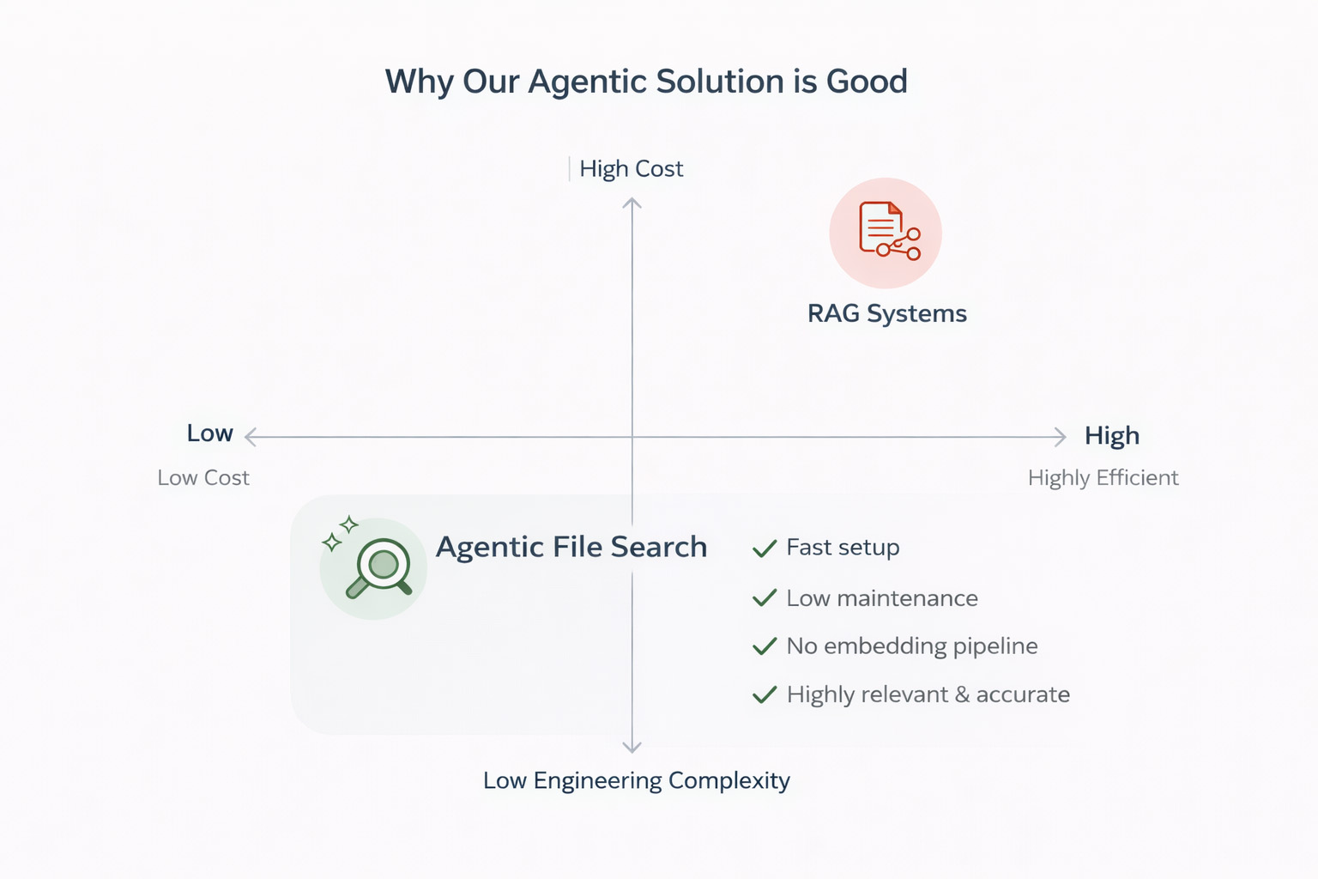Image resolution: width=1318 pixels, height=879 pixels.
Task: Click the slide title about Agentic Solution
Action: coord(645,82)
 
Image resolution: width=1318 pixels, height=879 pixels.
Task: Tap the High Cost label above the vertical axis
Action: coord(631,168)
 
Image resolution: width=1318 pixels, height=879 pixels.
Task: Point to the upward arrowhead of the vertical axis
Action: coord(632,203)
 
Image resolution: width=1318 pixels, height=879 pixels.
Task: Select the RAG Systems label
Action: coord(886,313)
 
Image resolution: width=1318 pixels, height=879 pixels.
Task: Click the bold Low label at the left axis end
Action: coord(209,433)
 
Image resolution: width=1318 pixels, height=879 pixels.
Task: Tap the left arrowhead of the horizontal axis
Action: coord(251,437)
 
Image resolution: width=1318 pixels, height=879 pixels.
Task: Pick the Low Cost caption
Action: coord(203,478)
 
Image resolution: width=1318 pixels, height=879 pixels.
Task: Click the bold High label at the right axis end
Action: coord(1111,436)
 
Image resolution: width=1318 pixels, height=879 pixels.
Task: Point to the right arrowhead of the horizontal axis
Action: coord(1061,437)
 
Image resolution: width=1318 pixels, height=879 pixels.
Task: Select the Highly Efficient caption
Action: coord(1103,478)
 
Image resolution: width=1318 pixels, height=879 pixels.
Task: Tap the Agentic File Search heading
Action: coord(571,547)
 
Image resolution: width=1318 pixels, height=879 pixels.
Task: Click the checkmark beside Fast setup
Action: coord(764,549)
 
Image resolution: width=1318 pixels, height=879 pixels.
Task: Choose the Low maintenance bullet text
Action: coord(881,598)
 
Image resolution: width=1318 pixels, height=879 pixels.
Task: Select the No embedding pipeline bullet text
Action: coord(911,646)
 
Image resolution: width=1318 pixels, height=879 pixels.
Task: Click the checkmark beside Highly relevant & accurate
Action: coord(764,694)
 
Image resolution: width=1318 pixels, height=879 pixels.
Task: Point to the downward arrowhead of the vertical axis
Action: coord(632,747)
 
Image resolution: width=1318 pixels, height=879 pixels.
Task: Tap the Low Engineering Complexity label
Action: coord(636,780)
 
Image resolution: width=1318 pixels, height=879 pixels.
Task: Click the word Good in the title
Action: coord(867,82)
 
